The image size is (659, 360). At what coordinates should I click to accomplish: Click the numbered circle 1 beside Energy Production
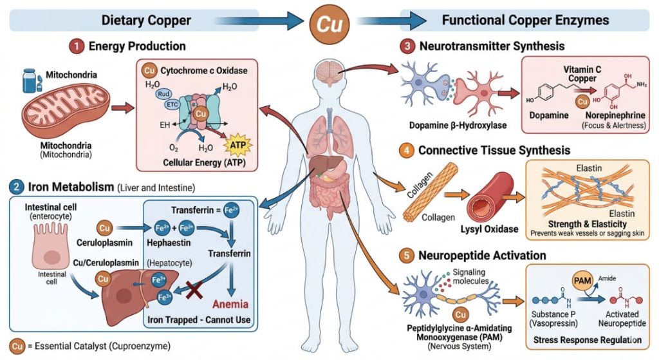point(77,46)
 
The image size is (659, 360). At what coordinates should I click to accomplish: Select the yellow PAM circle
point(582,281)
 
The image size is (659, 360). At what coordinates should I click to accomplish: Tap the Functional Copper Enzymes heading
point(525,20)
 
